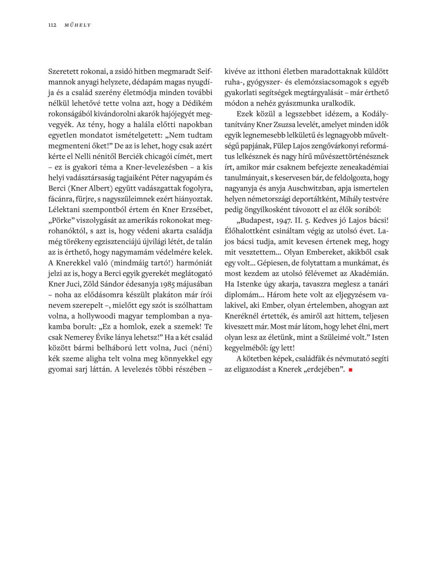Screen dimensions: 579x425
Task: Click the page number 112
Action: coord(52,25)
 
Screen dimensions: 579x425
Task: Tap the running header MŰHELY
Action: coord(78,25)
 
